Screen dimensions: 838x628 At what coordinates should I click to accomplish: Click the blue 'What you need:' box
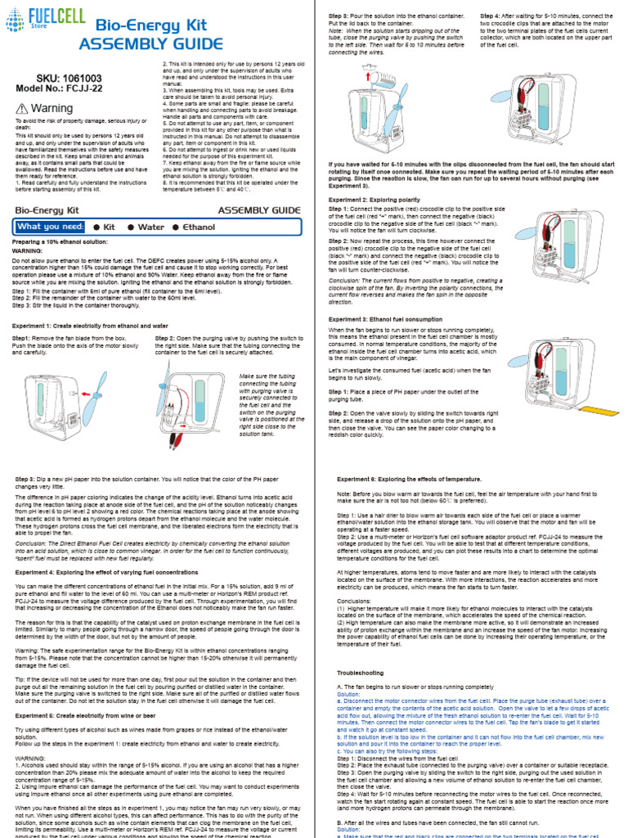point(50,227)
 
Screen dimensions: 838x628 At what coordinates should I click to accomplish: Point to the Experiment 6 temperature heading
point(409,478)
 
